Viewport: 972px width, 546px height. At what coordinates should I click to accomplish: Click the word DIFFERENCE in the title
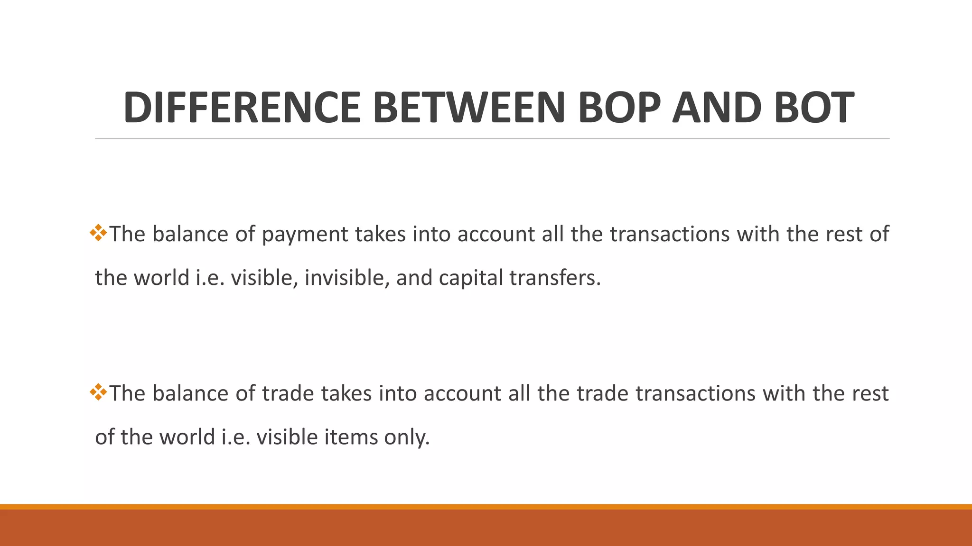[x=242, y=108]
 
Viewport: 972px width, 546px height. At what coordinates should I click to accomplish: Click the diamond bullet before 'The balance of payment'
[x=99, y=233]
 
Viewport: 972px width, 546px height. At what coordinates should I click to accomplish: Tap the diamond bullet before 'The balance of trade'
[x=99, y=392]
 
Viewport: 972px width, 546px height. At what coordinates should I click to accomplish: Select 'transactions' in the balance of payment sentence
[x=670, y=234]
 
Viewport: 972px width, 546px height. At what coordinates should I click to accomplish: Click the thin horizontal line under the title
[x=492, y=138]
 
